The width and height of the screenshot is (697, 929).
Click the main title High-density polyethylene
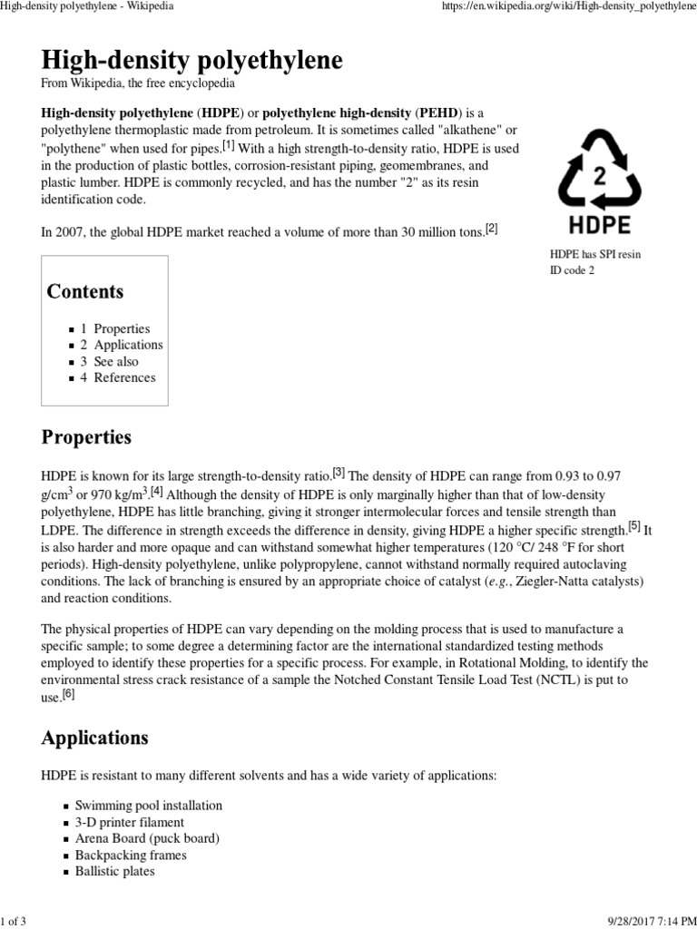tap(192, 61)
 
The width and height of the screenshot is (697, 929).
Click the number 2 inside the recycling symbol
tap(599, 175)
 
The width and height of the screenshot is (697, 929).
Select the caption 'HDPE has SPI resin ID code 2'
tap(594, 262)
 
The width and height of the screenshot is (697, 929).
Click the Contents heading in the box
tap(85, 291)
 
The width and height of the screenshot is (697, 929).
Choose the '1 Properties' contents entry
tap(115, 328)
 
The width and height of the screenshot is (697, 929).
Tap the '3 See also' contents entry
tap(110, 361)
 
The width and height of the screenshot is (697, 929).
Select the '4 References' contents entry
tap(118, 377)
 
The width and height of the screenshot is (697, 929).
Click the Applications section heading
tap(94, 738)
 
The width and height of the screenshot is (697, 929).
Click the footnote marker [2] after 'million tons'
tap(492, 229)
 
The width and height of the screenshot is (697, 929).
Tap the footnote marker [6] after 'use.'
tap(69, 694)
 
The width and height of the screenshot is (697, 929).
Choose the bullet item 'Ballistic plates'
tap(115, 871)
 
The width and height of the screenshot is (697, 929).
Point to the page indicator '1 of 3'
tap(15, 918)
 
